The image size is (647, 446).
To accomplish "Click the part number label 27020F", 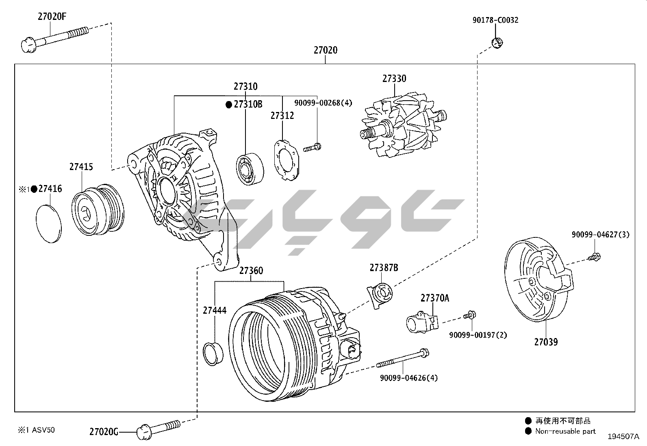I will point(52,17).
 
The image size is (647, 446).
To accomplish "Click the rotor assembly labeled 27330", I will point(402,127).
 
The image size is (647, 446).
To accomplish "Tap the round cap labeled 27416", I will point(48,224).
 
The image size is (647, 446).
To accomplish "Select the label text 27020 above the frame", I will point(325,50).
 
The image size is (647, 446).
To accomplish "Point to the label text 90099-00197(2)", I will point(478,335).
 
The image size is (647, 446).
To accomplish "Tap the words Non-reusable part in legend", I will point(565,431).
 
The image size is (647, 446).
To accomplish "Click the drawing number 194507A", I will point(623,437).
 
